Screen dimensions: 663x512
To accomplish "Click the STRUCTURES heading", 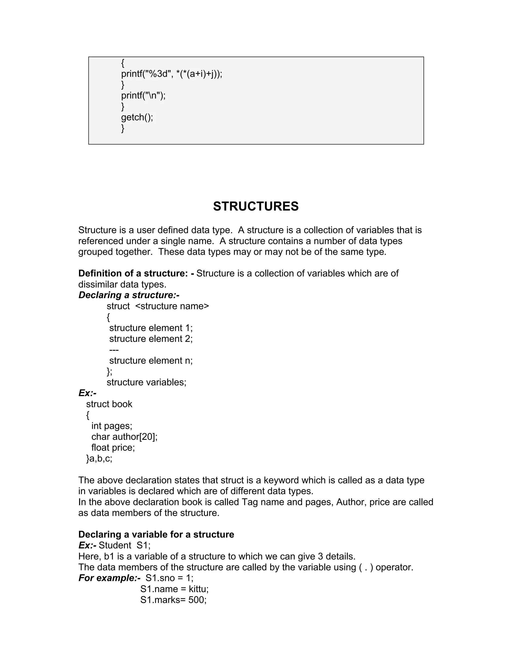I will click(x=256, y=206).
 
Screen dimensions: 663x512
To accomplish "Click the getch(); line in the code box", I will click(x=137, y=117).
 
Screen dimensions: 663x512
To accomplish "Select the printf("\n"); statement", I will click(x=143, y=96).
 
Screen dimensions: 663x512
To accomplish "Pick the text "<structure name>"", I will click(x=172, y=306).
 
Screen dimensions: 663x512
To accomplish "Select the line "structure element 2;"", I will click(x=151, y=339).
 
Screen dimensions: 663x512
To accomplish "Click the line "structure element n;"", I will click(x=151, y=361).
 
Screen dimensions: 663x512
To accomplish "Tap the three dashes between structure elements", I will click(x=114, y=350).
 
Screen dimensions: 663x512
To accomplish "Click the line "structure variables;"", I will click(x=146, y=382).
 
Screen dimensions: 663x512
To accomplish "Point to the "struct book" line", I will click(x=109, y=404).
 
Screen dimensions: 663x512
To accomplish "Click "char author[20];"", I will click(x=124, y=437).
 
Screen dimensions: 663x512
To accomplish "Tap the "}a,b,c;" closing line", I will click(x=99, y=459).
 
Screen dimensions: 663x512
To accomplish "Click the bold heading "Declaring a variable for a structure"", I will click(x=156, y=534).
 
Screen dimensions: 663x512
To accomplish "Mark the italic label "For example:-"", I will click(x=109, y=578).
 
